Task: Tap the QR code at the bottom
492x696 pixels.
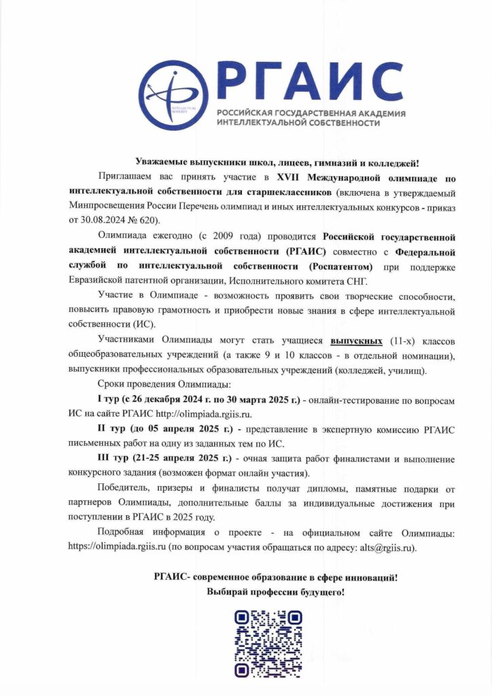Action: coord(268,643)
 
